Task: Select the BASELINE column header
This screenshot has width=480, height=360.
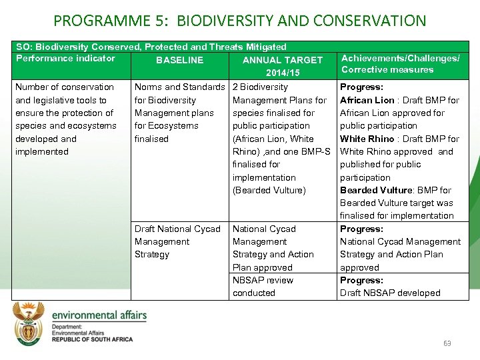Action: click(x=179, y=60)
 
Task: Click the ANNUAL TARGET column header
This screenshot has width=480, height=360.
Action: click(x=283, y=60)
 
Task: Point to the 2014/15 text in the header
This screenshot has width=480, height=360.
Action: click(x=283, y=72)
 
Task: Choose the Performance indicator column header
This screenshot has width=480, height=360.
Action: click(x=65, y=58)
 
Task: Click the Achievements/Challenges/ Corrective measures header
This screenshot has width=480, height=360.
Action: click(x=400, y=64)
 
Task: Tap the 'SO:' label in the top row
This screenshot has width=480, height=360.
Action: click(x=23, y=47)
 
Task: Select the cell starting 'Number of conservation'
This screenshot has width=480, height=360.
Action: click(x=65, y=119)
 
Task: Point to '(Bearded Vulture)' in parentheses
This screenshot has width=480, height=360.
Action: click(x=269, y=190)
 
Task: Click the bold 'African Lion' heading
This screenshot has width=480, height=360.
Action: click(x=367, y=100)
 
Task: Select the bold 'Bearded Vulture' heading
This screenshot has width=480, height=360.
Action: click(x=377, y=190)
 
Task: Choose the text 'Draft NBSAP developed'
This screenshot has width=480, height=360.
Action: click(x=390, y=293)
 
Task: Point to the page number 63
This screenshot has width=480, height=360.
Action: click(x=447, y=343)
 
